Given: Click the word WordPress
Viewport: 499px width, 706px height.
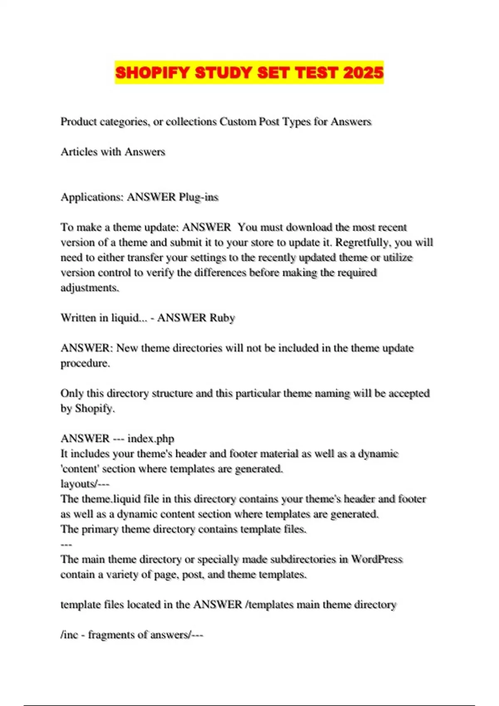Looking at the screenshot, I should point(377,559).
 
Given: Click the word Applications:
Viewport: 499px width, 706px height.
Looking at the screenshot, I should point(92,197).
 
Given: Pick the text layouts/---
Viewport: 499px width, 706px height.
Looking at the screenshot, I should point(85,484).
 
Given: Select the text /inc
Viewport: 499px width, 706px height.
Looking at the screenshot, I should point(69,635).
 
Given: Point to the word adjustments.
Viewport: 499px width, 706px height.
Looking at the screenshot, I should point(90,288).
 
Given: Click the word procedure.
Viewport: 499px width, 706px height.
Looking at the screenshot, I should point(85,363).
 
